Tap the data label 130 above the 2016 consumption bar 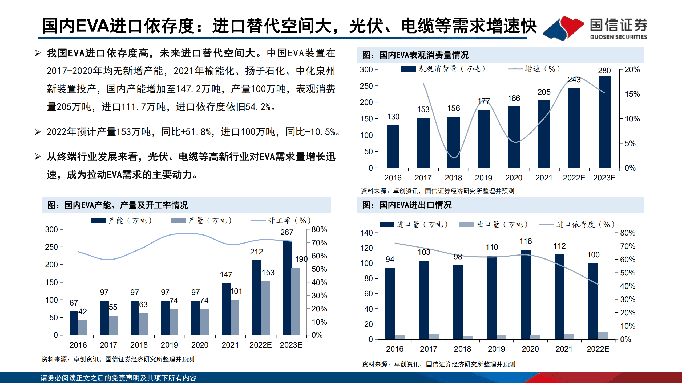point(393,117)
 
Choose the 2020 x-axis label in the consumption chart point(514,178)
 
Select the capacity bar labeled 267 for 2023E point(287,287)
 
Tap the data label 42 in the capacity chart point(83,312)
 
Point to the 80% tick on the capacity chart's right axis point(319,229)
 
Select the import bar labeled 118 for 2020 point(525,294)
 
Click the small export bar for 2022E point(603,335)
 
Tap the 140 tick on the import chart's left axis point(366,233)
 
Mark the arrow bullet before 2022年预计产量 point(38,132)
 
